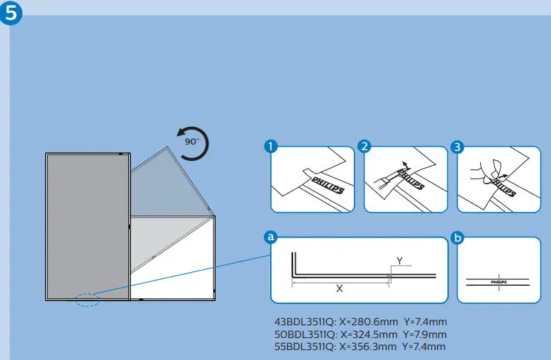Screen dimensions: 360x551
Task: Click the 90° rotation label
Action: click(x=192, y=141)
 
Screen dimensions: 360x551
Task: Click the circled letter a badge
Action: click(x=270, y=238)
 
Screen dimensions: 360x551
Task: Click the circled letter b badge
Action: click(x=457, y=238)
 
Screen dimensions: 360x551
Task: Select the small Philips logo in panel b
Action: click(x=499, y=281)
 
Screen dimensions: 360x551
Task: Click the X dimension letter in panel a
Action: click(x=340, y=289)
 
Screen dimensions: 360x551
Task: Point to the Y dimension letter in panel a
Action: click(x=399, y=261)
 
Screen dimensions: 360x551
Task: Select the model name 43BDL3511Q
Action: click(x=306, y=322)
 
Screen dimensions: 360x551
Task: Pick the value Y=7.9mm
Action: click(x=424, y=334)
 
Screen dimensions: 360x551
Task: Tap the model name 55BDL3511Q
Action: click(x=306, y=347)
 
